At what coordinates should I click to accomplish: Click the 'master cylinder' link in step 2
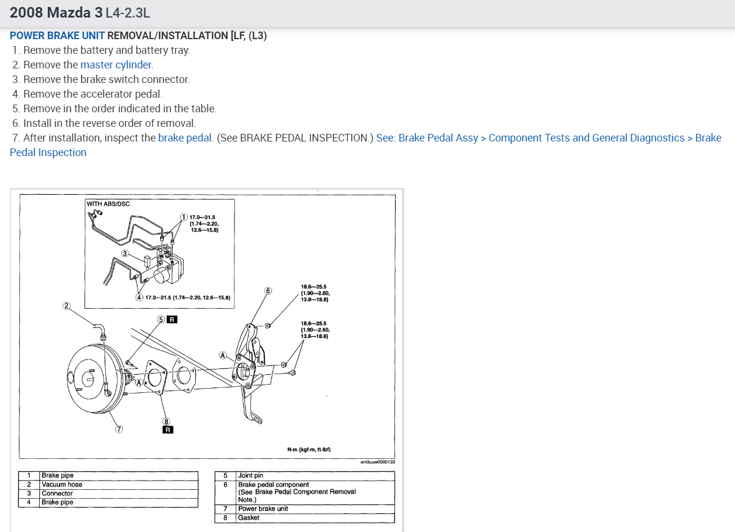tap(116, 65)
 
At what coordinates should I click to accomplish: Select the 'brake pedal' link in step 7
tap(185, 138)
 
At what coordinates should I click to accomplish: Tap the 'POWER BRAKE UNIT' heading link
tap(57, 36)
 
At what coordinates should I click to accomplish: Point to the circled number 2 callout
tap(67, 305)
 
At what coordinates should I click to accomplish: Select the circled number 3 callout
tap(125, 254)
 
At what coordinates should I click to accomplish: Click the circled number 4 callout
tap(139, 297)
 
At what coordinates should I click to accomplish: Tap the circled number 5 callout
tap(161, 319)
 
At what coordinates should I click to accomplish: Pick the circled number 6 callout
tap(268, 291)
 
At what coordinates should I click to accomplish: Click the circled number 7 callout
tap(119, 429)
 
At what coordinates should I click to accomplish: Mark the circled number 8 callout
tap(166, 421)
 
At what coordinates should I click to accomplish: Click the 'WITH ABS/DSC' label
tap(108, 204)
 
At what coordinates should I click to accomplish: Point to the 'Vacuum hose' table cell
tap(62, 485)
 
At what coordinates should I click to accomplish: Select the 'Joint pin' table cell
tap(251, 476)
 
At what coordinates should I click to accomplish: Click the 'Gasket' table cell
tap(249, 518)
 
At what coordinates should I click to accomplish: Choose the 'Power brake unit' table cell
tap(263, 509)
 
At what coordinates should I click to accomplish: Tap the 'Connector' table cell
tap(57, 493)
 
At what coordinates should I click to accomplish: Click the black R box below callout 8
tap(168, 430)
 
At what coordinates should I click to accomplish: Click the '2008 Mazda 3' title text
tap(56, 12)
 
